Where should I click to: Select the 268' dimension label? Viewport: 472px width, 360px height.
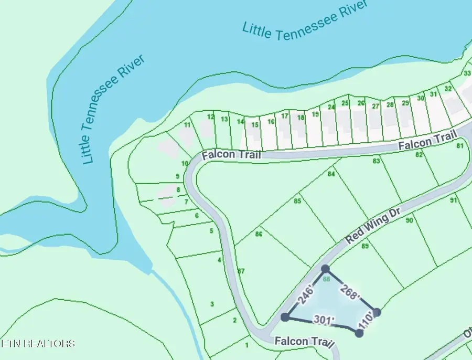[x=350, y=292]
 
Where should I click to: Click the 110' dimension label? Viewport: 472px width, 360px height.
[x=366, y=322]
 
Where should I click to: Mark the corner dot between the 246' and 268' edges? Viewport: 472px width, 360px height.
[x=325, y=269]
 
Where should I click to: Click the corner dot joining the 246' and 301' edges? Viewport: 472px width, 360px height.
[x=285, y=317]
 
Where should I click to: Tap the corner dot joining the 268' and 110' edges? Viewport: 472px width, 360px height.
[x=376, y=312]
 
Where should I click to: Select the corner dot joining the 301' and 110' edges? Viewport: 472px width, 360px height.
[x=359, y=333]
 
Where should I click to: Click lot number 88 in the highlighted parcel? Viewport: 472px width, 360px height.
[x=326, y=279]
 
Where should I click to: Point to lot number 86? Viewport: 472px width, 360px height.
[x=259, y=234]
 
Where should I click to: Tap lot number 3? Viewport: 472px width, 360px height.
[x=212, y=304]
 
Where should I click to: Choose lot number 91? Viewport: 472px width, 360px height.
[x=454, y=200]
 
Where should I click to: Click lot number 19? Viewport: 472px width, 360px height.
[x=315, y=114]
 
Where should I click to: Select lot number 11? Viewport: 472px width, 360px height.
[x=187, y=124]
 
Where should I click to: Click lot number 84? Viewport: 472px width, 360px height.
[x=331, y=174]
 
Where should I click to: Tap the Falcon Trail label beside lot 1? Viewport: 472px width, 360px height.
[x=304, y=342]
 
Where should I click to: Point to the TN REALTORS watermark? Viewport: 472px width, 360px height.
[x=38, y=344]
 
